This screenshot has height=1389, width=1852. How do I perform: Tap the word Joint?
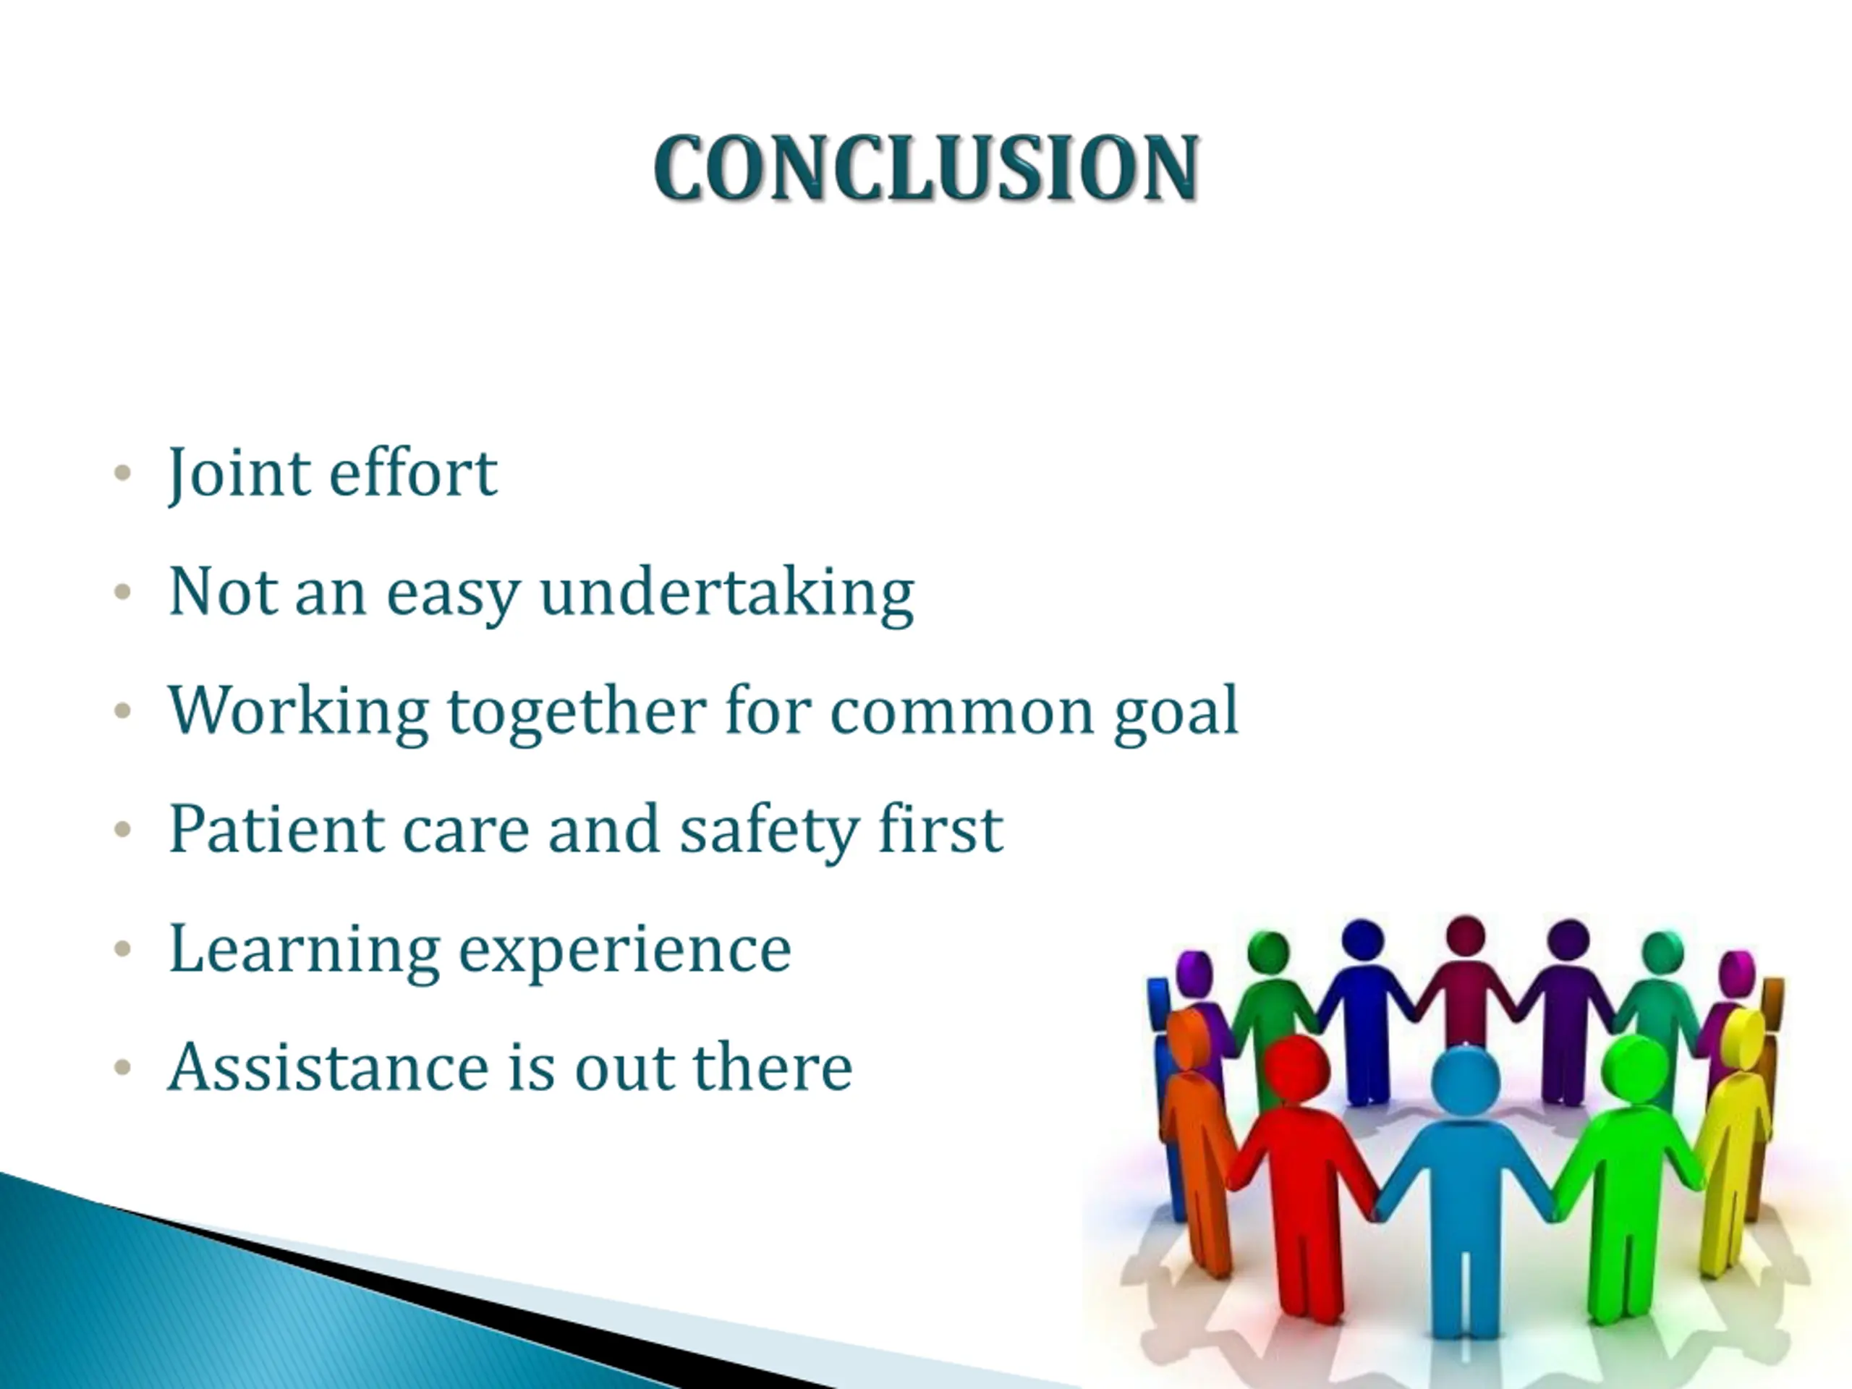click(x=238, y=474)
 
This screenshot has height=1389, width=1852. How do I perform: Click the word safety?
click(x=768, y=831)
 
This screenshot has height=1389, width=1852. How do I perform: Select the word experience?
click(x=624, y=953)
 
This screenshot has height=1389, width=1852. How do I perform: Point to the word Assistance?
click(x=328, y=1068)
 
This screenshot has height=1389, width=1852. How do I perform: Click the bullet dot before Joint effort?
click(x=123, y=473)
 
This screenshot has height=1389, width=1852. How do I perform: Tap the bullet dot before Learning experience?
click(x=123, y=948)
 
